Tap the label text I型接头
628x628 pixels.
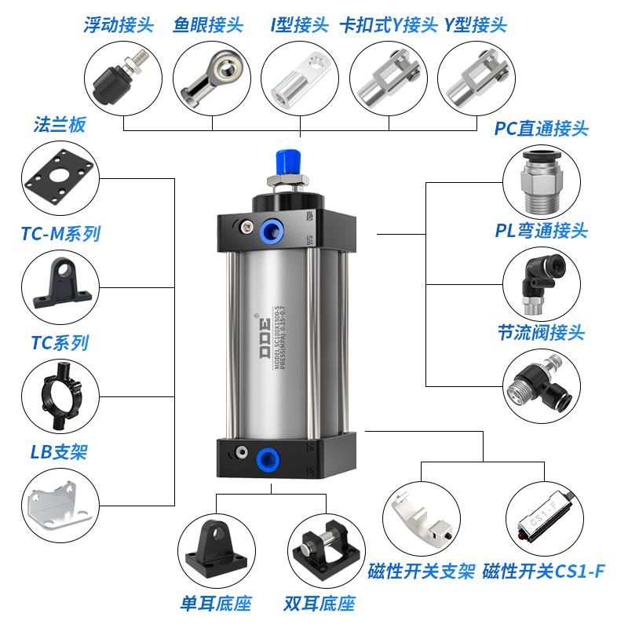[x=299, y=24]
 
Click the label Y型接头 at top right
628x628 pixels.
[x=475, y=24]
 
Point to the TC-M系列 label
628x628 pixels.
[x=61, y=233]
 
